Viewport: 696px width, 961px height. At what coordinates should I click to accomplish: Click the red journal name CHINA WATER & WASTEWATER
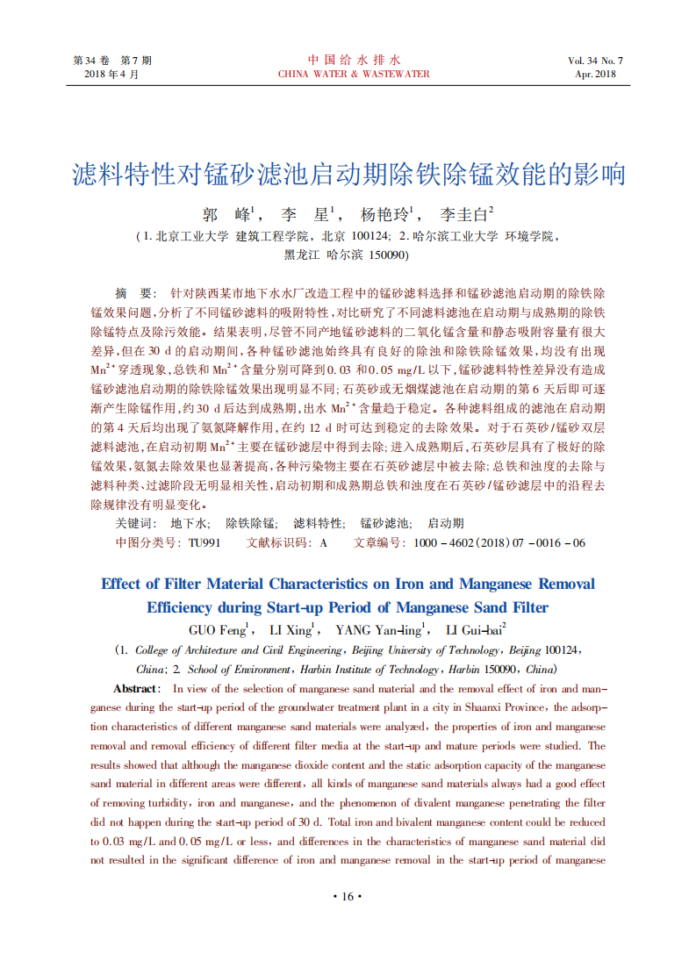354,75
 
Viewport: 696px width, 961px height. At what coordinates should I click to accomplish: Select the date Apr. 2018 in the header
596,75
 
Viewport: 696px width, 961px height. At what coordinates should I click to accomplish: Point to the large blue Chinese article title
348,174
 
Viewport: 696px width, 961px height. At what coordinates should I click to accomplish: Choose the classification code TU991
204,542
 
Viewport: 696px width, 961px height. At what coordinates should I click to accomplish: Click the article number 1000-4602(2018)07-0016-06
499,542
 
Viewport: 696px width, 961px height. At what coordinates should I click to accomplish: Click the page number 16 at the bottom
348,896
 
